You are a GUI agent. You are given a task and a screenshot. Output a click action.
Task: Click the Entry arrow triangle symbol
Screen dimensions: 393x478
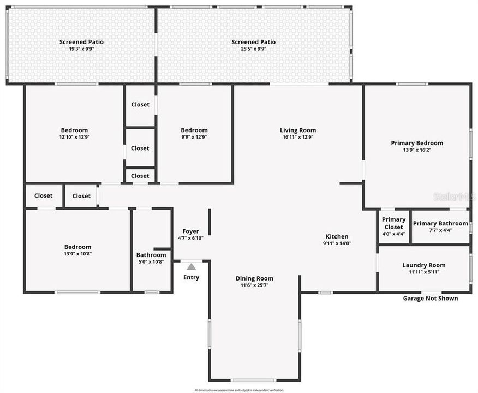pyautogui.click(x=191, y=267)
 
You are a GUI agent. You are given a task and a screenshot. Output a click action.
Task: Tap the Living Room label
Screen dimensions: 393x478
pyautogui.click(x=298, y=130)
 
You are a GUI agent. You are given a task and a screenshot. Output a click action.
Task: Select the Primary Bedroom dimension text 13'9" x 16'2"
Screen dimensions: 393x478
pyautogui.click(x=417, y=150)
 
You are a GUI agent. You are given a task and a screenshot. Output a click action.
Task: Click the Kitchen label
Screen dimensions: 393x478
pyautogui.click(x=336, y=236)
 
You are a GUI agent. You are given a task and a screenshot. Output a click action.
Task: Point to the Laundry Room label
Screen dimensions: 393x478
pyautogui.click(x=424, y=265)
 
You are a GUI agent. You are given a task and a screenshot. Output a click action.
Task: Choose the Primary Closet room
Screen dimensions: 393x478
pyautogui.click(x=393, y=223)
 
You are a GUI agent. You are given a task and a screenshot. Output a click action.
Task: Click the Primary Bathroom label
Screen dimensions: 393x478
pyautogui.click(x=440, y=223)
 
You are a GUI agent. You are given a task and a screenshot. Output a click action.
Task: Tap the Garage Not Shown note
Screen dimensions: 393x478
pyautogui.click(x=430, y=298)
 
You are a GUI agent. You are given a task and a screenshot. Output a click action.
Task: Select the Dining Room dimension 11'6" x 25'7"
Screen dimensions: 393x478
pyautogui.click(x=254, y=285)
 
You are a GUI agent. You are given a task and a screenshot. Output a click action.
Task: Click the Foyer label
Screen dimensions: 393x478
pyautogui.click(x=190, y=231)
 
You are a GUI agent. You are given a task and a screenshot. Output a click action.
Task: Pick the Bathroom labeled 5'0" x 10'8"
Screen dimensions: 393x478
pyautogui.click(x=151, y=255)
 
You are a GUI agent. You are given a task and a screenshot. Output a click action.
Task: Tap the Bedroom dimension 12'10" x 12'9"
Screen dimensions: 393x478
pyautogui.click(x=74, y=137)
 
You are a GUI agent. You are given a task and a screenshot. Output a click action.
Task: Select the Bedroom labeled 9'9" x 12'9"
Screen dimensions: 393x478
pyautogui.click(x=194, y=130)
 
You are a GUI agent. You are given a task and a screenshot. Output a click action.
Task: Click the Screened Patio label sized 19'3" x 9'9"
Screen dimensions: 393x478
pyautogui.click(x=81, y=42)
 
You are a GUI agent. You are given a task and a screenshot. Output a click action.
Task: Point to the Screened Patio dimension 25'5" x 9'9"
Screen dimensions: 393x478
pyautogui.click(x=253, y=49)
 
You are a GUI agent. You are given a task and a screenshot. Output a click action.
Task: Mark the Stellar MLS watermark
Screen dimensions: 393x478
pyautogui.click(x=454, y=196)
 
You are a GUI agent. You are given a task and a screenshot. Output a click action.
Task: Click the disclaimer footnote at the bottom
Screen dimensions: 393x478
pyautogui.click(x=239, y=390)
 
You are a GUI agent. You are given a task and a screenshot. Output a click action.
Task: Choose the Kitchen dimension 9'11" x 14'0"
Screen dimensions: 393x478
pyautogui.click(x=336, y=243)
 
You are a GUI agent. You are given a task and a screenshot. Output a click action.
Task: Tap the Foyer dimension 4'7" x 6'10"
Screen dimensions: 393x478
pyautogui.click(x=190, y=239)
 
